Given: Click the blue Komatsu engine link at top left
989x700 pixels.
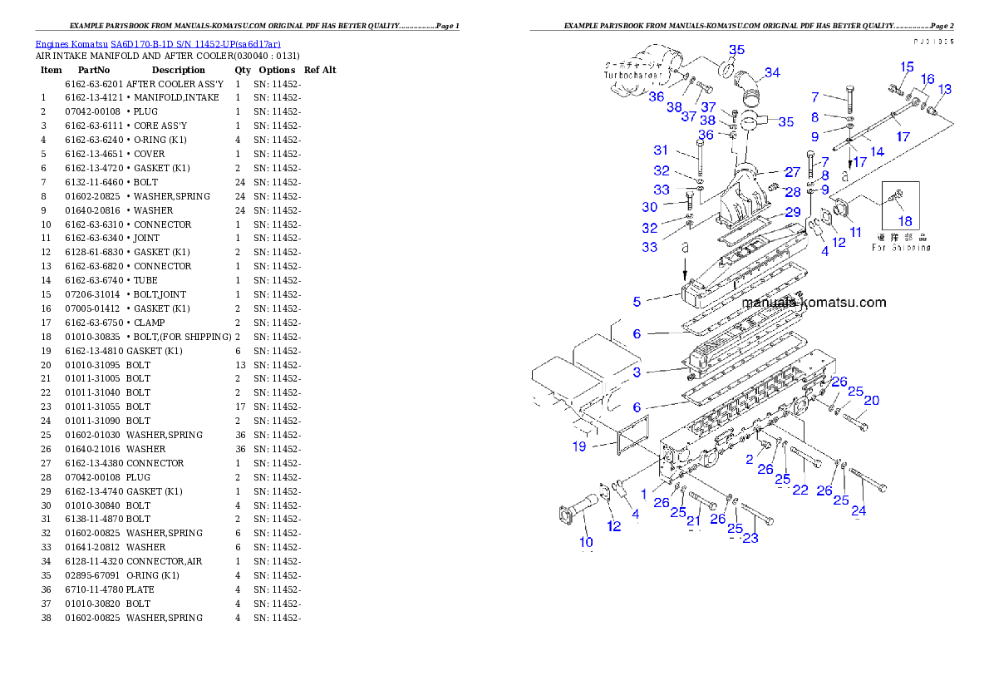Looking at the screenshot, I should coord(158,43).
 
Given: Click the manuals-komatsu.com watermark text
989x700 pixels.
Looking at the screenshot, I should coord(814,303).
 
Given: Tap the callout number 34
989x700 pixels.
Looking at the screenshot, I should coord(772,73).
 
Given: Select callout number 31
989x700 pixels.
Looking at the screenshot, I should coord(661,150).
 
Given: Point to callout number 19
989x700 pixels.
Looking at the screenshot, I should coord(578,446).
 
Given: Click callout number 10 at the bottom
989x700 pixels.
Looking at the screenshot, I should coord(586,542).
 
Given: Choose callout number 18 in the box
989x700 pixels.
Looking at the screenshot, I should coord(905,221).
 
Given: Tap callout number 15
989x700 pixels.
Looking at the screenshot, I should coord(907,67).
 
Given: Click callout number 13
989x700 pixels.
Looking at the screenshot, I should coord(945,89).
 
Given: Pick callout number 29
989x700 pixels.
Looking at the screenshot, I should coord(792,213).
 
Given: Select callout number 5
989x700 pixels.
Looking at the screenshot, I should coord(637,303).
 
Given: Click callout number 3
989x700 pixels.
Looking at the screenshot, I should coord(637,372).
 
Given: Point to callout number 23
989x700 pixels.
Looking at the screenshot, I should coord(750,538).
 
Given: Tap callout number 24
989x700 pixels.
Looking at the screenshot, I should coord(859,510).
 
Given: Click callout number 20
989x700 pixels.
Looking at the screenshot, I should coord(871,401).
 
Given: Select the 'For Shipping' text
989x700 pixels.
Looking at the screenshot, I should coord(901,247).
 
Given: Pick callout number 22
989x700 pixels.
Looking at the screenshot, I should coord(800,490).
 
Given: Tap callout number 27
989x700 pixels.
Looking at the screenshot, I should coord(792,172).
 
